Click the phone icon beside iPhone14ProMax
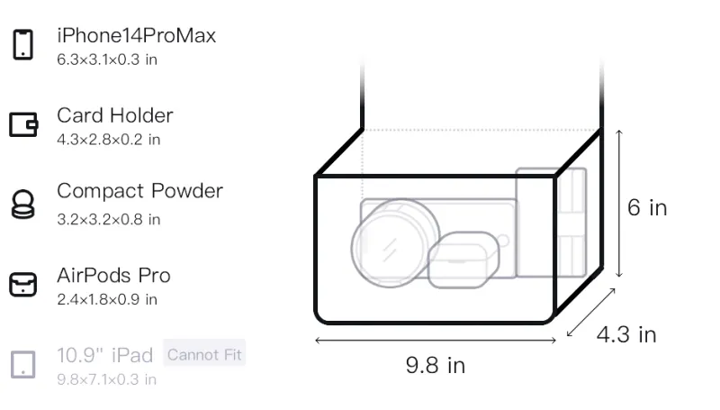[23, 44]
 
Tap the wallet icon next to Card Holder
[23, 124]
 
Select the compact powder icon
[22, 204]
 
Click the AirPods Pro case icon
[23, 284]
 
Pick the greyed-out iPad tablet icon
[23, 365]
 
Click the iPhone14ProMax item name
[137, 36]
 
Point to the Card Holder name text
[115, 115]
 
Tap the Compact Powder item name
[140, 191]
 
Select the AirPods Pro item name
[114, 276]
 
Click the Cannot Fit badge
[204, 354]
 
